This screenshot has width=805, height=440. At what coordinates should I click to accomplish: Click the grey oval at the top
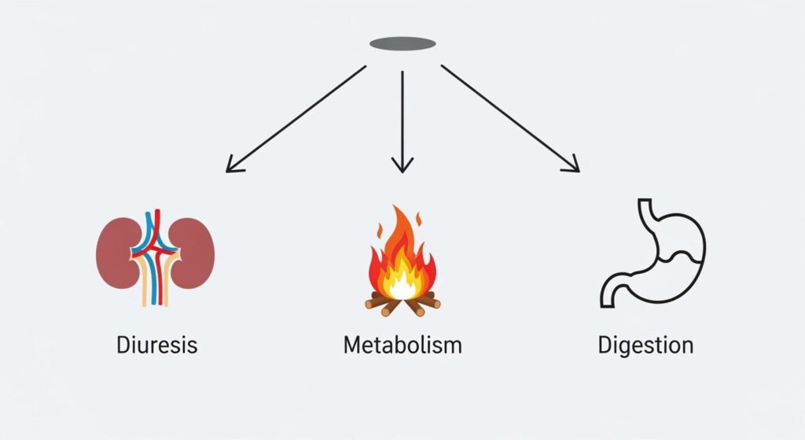[402, 43]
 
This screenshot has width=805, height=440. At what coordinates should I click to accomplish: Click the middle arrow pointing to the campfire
[402, 118]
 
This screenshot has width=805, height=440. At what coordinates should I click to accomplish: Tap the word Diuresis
[156, 345]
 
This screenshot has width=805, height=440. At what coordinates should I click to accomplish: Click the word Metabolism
[402, 345]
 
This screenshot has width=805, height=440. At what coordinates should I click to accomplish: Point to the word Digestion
[645, 345]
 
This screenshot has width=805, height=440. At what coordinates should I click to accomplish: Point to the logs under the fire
[402, 303]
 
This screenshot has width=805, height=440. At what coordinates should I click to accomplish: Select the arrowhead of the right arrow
[574, 166]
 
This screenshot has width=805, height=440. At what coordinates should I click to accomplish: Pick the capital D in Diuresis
[123, 345]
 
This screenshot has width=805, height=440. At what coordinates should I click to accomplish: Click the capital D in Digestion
[605, 345]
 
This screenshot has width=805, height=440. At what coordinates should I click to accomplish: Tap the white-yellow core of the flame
[403, 285]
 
